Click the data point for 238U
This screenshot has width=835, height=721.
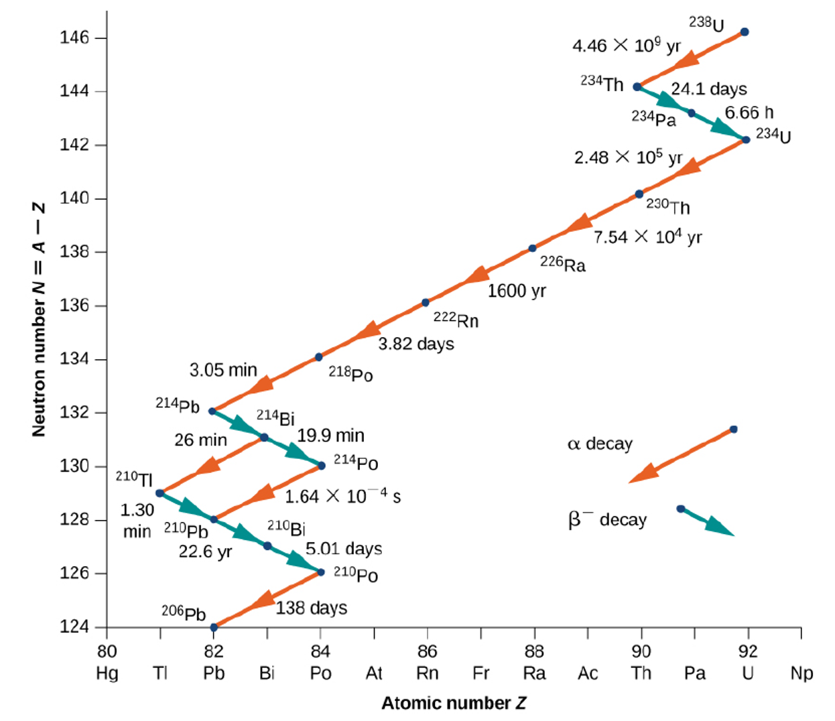745,32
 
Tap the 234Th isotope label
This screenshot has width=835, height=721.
602,84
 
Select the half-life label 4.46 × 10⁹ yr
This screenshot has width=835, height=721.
626,46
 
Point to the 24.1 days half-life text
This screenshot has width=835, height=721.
708,89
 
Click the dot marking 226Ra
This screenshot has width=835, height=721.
532,249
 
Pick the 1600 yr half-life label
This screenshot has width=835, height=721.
517,291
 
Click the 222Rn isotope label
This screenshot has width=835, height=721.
456,320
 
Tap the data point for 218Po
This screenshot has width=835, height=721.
318,357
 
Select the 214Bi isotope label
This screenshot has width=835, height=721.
275,417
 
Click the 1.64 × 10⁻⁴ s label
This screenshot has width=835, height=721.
342,497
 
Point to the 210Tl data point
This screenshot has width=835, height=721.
159,493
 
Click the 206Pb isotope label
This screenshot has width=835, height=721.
184,612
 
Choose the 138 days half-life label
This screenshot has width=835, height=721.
312,608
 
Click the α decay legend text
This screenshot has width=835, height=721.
600,444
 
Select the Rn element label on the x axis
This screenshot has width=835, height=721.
427,673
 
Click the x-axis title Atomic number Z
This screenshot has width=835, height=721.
454,703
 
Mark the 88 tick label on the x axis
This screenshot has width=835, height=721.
534,651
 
